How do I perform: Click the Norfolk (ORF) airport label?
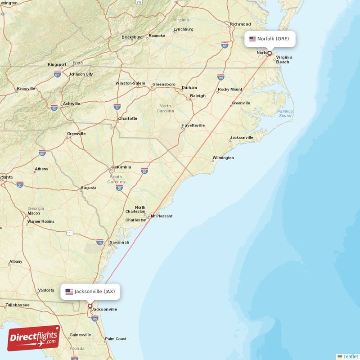tap(270, 39)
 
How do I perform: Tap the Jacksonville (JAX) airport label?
tap(90, 292)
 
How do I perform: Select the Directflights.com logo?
tap(34, 338)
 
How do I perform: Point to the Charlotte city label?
tap(127, 119)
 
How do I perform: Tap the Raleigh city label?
tap(198, 96)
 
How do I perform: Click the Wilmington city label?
tap(224, 158)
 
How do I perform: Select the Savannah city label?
tap(119, 242)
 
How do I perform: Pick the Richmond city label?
tap(240, 24)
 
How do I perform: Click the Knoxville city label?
tap(26, 89)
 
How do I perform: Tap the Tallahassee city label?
tap(17, 305)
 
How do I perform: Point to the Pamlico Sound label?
tap(284, 113)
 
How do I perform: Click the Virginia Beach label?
tap(284, 59)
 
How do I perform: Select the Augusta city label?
tap(88, 188)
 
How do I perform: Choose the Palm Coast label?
tap(116, 339)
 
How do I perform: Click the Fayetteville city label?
tap(193, 125)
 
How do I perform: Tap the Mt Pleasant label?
tap(162, 216)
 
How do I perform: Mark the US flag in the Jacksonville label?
tap(69, 292)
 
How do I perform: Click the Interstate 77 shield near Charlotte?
tap(117, 107)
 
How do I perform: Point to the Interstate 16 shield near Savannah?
tap(100, 242)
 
